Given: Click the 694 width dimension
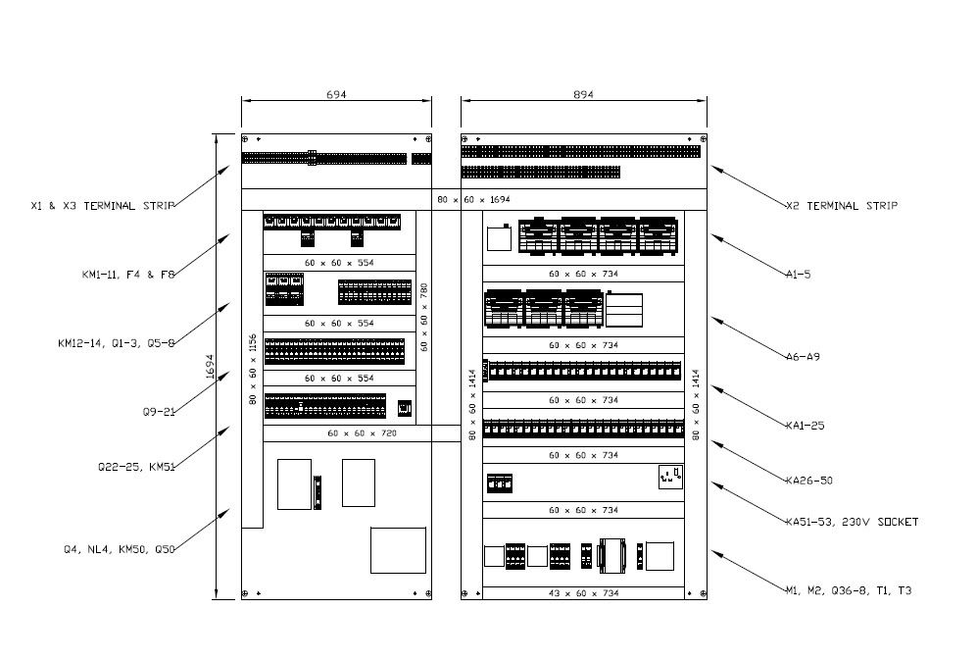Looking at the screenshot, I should [x=336, y=95].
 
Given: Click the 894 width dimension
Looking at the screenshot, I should [x=583, y=95].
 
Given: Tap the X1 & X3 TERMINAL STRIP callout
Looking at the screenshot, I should [x=102, y=206].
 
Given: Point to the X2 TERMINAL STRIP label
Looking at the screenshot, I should [x=842, y=206].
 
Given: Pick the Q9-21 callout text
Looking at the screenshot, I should [x=159, y=412].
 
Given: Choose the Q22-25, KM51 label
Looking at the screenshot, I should [x=134, y=467].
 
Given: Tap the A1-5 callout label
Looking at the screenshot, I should [x=798, y=275].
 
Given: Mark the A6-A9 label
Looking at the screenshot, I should [x=803, y=357].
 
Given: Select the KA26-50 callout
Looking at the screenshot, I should [x=808, y=481].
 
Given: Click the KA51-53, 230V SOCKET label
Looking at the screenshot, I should [x=852, y=522].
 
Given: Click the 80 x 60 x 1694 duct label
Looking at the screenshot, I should [x=473, y=200].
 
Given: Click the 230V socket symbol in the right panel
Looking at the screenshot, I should [x=670, y=478].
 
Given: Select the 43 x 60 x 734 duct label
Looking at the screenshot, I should [x=583, y=594].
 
